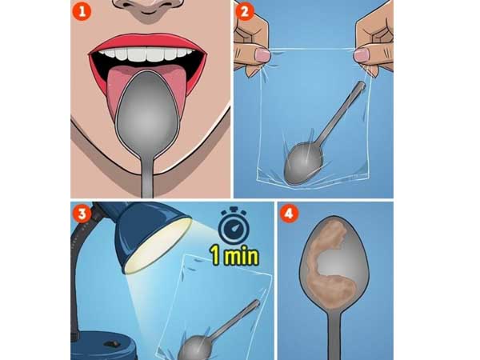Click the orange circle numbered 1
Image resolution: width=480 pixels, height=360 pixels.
[82, 11]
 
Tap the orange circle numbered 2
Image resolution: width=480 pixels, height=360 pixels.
[244, 11]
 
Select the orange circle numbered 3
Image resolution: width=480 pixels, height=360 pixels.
[82, 214]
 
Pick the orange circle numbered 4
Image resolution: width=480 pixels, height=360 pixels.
[289, 214]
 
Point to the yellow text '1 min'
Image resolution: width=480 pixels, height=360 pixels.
[234, 255]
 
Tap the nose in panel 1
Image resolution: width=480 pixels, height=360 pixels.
[148, 7]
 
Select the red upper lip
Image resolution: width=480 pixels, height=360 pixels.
[147, 43]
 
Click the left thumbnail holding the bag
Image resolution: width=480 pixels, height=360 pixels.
[262, 55]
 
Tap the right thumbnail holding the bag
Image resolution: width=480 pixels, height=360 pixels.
[362, 55]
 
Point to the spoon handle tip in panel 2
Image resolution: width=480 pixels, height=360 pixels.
[362, 85]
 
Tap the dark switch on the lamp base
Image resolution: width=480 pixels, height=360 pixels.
[110, 344]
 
